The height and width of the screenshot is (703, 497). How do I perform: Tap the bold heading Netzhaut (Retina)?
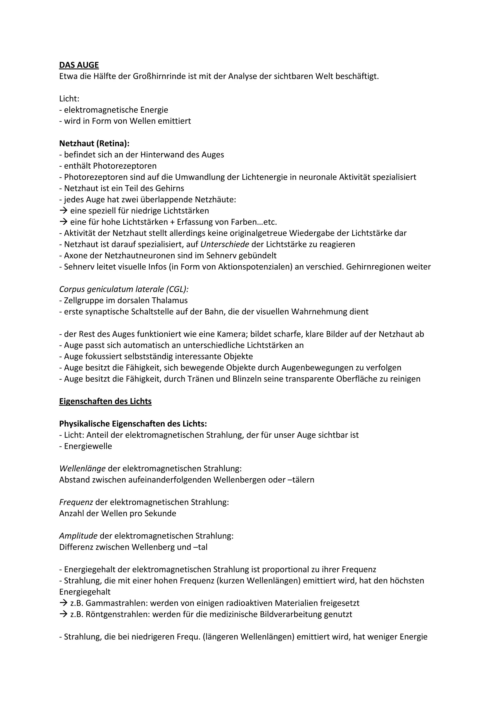point(94,143)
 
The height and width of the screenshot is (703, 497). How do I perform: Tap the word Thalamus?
point(170,300)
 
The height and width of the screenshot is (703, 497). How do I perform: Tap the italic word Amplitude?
point(78,536)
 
